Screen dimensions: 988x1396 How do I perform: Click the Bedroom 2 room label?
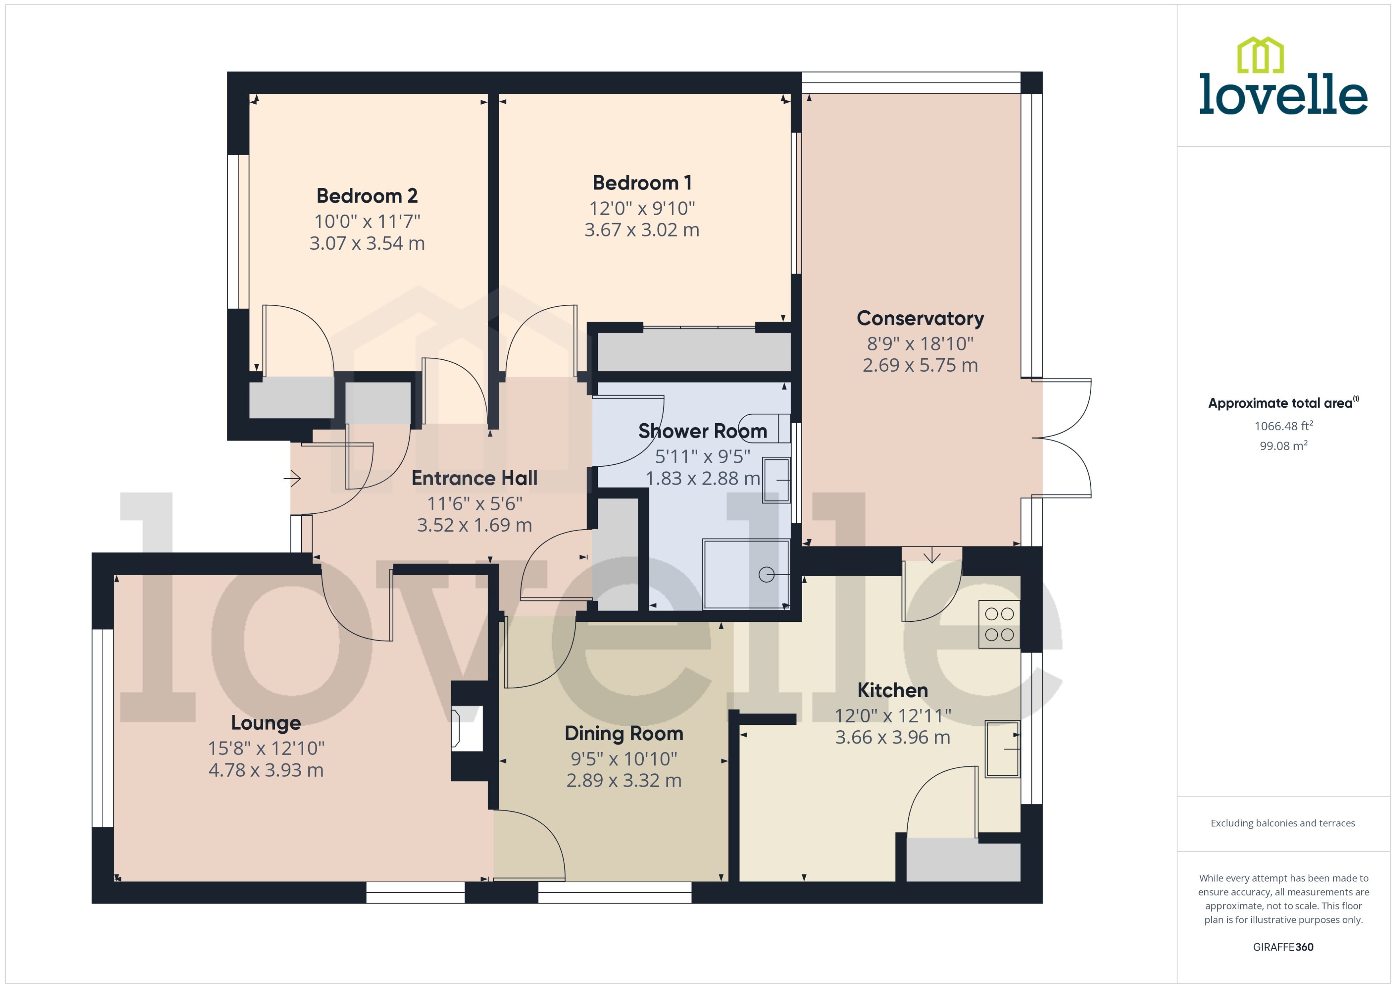(x=367, y=196)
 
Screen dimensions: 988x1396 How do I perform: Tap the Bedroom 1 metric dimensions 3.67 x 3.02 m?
(x=642, y=230)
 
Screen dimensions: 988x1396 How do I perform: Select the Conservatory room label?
(x=920, y=318)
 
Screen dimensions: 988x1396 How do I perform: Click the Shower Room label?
(x=702, y=431)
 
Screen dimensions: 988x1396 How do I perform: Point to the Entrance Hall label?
(x=475, y=478)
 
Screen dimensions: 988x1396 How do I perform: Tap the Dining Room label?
(x=623, y=734)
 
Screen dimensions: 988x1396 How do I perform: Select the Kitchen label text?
(x=892, y=690)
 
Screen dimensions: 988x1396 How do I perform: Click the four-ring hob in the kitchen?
(x=999, y=624)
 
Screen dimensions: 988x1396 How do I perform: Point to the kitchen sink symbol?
(x=1002, y=749)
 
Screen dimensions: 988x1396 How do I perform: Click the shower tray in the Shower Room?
(x=746, y=574)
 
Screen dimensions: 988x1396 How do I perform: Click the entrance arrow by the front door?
(x=293, y=479)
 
